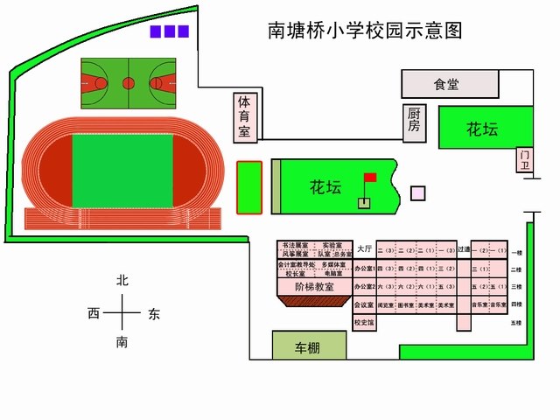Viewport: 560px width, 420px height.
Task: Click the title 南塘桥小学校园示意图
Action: [364, 31]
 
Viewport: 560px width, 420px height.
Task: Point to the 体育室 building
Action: [245, 117]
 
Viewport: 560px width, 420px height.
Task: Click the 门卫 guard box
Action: [525, 160]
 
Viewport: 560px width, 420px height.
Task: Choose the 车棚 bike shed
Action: [308, 347]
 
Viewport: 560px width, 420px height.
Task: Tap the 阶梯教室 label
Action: [314, 286]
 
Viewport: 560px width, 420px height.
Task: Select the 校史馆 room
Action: [364, 322]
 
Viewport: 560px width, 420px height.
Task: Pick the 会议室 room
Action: [364, 305]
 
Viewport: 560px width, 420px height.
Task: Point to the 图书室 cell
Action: [406, 305]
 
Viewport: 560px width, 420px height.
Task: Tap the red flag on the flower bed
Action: [370, 178]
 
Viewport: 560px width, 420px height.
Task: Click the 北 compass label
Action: [122, 281]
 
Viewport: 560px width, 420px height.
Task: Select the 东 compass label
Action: [154, 313]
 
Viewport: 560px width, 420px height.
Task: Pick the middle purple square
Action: [170, 31]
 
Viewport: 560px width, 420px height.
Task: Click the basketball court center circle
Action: [129, 83]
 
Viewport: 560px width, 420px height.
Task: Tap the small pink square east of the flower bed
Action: [418, 193]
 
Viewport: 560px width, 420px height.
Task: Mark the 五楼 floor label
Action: [516, 324]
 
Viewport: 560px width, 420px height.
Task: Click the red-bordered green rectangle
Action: [249, 187]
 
